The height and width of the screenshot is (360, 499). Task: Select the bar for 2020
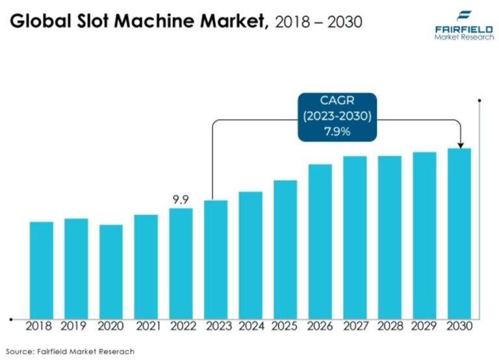[x=111, y=271]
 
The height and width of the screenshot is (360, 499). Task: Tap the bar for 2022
[x=181, y=263]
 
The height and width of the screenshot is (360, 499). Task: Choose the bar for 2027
[x=355, y=237]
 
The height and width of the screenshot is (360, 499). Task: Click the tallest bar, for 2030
[x=459, y=233]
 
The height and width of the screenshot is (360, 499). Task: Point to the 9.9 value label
[x=181, y=199]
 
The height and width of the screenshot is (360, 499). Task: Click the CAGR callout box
[x=337, y=117]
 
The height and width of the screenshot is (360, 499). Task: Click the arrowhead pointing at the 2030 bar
[x=459, y=144]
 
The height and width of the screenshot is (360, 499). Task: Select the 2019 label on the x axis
[x=76, y=326]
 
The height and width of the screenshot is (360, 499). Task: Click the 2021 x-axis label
[x=146, y=326]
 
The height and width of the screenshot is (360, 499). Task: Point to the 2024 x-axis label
[x=251, y=326]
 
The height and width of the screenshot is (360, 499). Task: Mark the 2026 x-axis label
[x=320, y=326]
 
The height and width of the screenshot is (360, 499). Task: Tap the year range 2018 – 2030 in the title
[x=319, y=22]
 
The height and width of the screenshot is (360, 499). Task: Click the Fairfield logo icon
[x=465, y=16]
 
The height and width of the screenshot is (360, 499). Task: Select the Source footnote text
[x=72, y=351]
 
